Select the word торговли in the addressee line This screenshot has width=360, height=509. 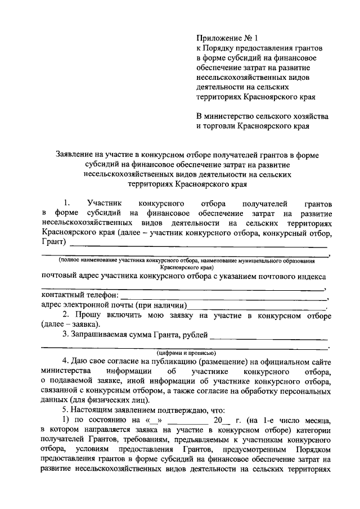(x=220, y=126)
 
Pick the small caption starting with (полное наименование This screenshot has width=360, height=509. (x=186, y=262)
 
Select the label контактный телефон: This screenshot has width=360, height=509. (x=79, y=295)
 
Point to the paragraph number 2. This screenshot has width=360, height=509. (x=65, y=314)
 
